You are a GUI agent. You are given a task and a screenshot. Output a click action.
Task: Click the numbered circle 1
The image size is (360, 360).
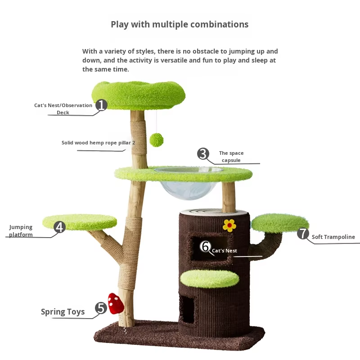pos(101,105)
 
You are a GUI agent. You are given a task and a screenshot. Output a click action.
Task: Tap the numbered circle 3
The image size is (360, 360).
pos(203,154)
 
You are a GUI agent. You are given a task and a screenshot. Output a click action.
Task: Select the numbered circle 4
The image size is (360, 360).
pos(60,227)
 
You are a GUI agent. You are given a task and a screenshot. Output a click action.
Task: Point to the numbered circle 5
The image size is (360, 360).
pos(101,308)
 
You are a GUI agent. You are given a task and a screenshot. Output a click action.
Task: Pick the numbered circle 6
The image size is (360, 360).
pos(206,247)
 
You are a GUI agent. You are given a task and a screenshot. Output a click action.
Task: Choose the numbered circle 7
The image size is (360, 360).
pos(303,234)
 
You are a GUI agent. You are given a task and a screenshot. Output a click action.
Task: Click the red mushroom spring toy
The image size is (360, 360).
pos(116,303)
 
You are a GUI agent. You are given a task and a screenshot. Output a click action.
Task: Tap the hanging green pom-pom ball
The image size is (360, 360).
pos(157,139)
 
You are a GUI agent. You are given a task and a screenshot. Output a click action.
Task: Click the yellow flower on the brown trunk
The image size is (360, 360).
pos(229,225)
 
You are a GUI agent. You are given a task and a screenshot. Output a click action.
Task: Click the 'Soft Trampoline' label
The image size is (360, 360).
pos(333,237)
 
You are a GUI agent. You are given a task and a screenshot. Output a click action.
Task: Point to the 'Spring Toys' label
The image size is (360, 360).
pos(63,312)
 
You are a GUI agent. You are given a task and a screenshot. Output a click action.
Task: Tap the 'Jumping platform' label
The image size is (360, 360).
pos(21,231)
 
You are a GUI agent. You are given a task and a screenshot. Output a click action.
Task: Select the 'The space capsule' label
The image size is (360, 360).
pos(231,157)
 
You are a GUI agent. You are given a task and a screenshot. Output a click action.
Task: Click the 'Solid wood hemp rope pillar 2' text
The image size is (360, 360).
pos(98,143)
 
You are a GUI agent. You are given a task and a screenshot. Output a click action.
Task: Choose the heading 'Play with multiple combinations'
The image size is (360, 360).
pos(180,24)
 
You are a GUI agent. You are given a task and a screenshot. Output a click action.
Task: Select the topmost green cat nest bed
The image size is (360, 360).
pos(138,94)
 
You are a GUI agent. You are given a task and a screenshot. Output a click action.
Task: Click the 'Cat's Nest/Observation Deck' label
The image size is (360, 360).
pos(63,109)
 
